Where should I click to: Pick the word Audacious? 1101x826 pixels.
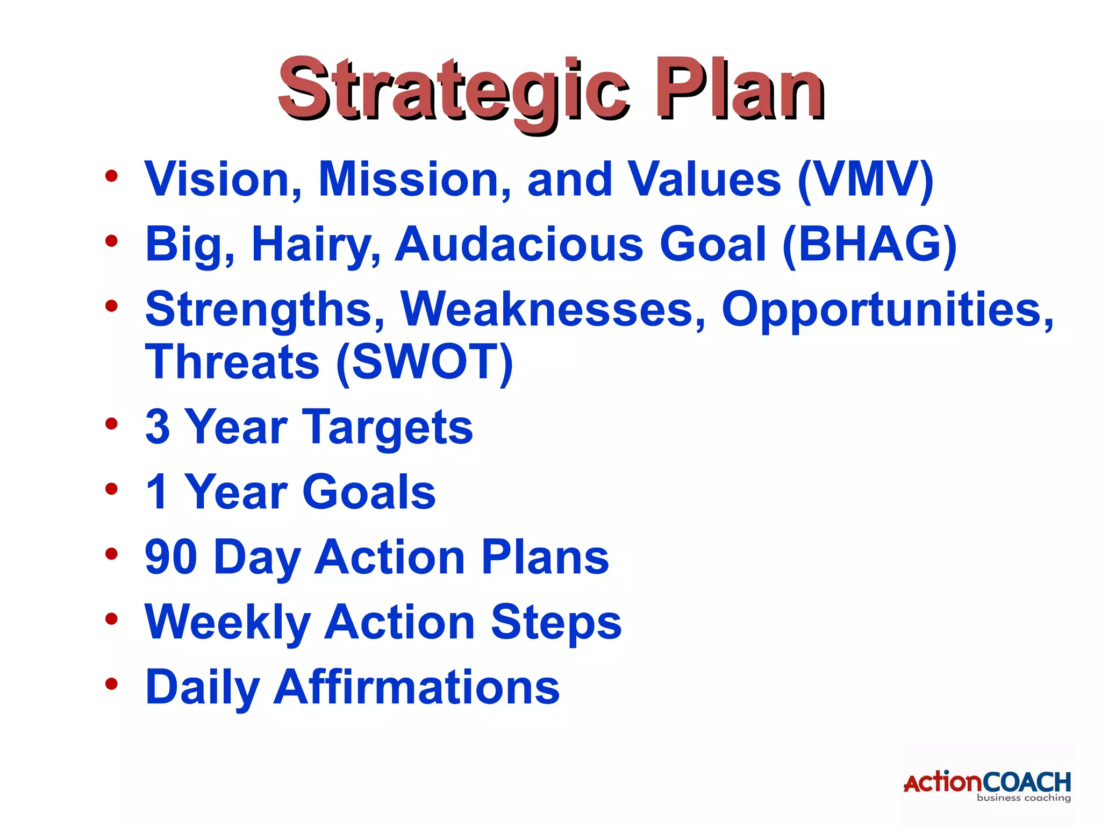[x=519, y=245]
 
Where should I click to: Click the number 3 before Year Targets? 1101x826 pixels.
[x=158, y=428]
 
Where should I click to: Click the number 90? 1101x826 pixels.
[x=171, y=558]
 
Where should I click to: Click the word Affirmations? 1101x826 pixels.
[x=417, y=687]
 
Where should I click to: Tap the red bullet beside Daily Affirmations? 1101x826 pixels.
[x=111, y=684]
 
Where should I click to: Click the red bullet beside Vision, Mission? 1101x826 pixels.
[x=111, y=176]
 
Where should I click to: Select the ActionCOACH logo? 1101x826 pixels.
[x=987, y=785]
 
